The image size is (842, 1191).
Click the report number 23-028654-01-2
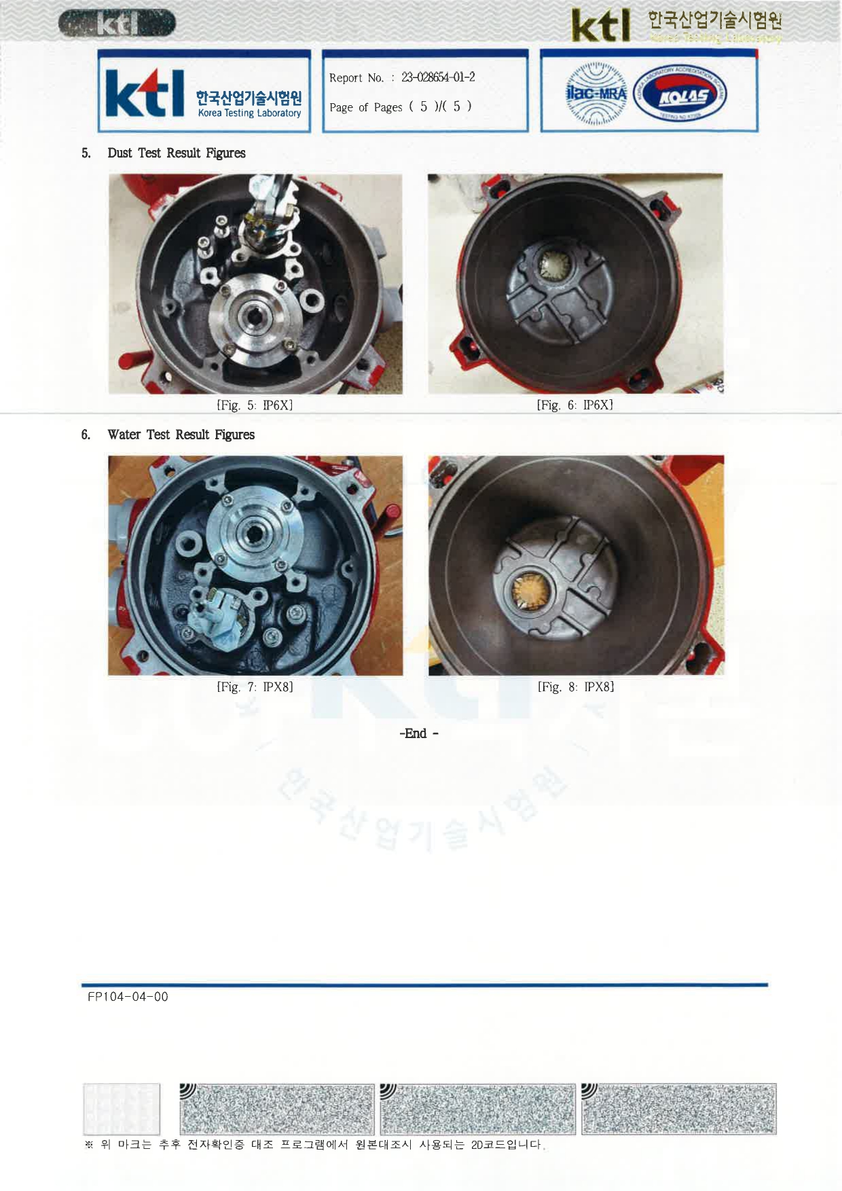[x=438, y=77]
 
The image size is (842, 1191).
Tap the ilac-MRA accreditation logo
[x=597, y=94]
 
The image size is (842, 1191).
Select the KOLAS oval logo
[x=680, y=94]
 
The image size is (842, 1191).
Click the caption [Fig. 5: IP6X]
[x=255, y=405]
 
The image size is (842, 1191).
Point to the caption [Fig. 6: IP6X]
[x=575, y=405]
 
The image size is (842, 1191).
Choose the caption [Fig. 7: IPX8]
[x=255, y=686]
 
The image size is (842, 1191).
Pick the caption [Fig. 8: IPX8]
[x=576, y=686]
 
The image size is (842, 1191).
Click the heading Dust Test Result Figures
[x=177, y=153]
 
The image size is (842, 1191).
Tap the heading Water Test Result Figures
[x=181, y=435]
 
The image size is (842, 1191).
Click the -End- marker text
[x=419, y=733]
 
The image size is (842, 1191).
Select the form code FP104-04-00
[x=128, y=997]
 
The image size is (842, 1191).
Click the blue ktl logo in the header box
[x=145, y=94]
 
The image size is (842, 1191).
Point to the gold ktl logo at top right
[x=601, y=26]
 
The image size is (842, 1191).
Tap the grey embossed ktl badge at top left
[x=117, y=24]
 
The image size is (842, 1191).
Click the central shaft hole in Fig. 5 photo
[x=255, y=314]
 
